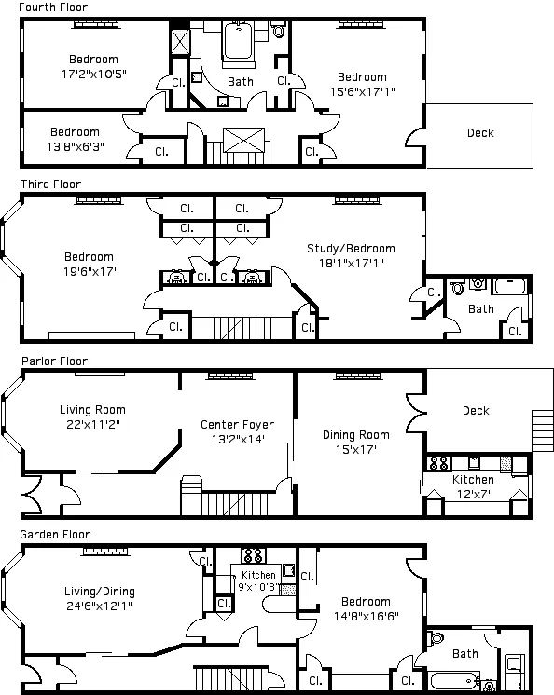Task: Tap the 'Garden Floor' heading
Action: coord(52,535)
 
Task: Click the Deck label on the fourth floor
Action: coord(480,133)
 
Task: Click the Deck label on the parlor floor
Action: coord(476,411)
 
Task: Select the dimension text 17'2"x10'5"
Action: coord(93,74)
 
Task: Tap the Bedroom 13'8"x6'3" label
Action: coord(75,139)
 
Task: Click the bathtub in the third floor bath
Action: coord(509,286)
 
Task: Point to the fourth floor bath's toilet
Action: coord(278,31)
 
